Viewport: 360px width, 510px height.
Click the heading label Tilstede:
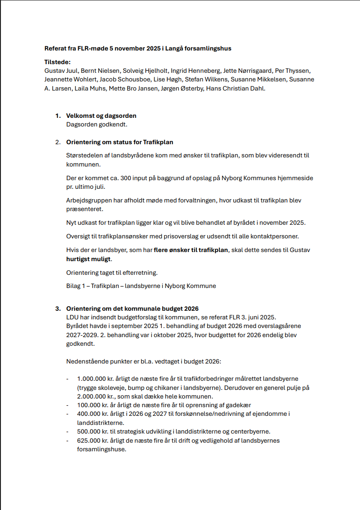[x=58, y=62]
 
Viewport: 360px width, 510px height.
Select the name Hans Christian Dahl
[x=235, y=88]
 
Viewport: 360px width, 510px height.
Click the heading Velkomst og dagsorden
[x=101, y=116]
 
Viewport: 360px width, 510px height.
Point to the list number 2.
[x=58, y=142]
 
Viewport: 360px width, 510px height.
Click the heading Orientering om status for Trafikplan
[x=120, y=142]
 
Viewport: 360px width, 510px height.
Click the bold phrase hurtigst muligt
[x=89, y=259]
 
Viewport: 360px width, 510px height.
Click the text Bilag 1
[x=75, y=286]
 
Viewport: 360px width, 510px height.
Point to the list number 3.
[x=58, y=308]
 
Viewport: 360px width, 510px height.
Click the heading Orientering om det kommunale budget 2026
[x=132, y=308]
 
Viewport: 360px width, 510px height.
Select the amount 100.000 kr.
[x=93, y=405]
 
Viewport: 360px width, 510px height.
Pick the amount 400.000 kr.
[x=93, y=414]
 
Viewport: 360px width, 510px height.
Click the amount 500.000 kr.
[x=93, y=431]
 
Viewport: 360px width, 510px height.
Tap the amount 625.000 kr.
[x=93, y=440]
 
